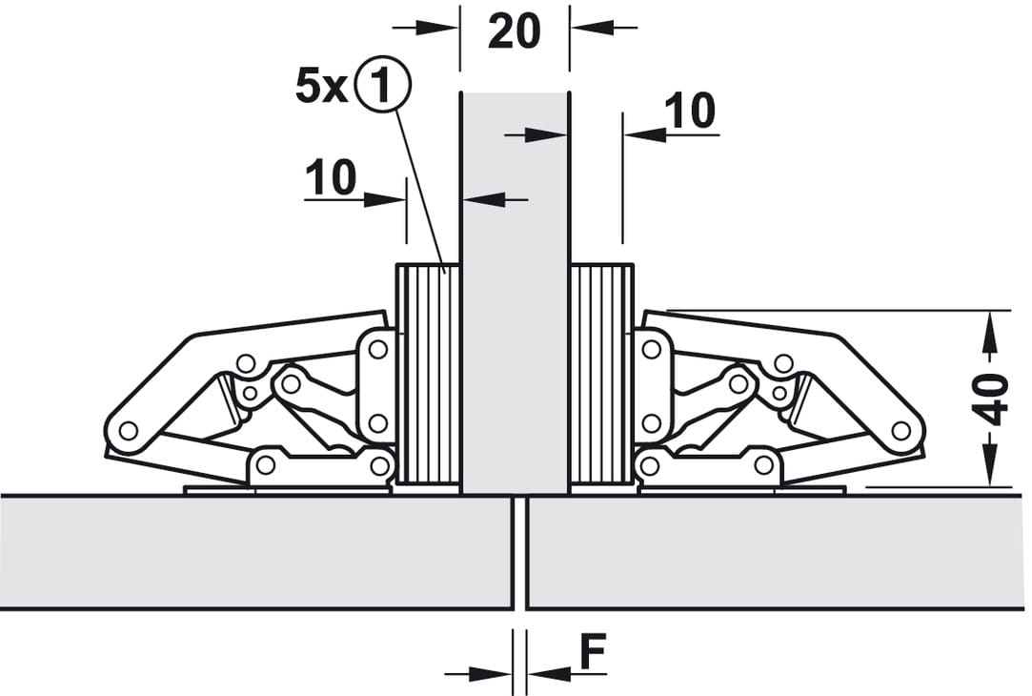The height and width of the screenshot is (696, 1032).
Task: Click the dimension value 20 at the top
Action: point(514,31)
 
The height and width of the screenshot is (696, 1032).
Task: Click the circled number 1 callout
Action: point(382,85)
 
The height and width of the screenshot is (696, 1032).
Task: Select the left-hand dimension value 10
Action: point(331,176)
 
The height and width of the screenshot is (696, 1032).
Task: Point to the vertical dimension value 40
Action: point(991,399)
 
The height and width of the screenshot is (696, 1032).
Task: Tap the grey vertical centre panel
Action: point(515,293)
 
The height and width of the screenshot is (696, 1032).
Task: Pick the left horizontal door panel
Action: point(256,552)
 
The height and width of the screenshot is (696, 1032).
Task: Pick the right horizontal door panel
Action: point(777,552)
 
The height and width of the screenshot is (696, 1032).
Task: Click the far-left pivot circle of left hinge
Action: point(129,431)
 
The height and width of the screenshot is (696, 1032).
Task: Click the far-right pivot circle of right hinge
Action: point(901,431)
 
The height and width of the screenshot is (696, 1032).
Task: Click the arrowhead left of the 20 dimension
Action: point(438,28)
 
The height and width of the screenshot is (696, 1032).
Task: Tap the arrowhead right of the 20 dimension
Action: point(592,28)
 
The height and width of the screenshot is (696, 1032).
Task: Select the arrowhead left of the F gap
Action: point(491,674)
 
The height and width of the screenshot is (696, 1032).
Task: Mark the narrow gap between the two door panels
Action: point(520,553)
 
